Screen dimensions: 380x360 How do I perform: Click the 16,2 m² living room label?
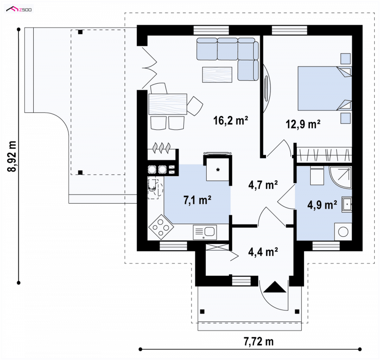point(230,121)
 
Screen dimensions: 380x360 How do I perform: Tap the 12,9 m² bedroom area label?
point(303,124)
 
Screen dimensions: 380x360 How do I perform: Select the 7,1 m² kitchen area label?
point(197,200)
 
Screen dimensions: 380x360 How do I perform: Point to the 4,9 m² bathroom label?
point(322,205)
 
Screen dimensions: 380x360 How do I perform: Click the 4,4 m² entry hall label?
point(263,252)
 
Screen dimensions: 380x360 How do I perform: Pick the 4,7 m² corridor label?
point(263,185)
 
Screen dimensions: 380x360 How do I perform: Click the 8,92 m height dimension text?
point(12,156)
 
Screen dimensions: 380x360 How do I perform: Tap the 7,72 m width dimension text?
point(258,341)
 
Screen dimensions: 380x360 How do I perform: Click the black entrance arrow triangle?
point(275,287)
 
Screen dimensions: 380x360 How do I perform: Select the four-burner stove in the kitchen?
point(161,227)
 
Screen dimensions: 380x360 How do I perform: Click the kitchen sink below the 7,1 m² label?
point(205,233)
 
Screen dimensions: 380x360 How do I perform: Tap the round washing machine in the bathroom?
point(343,232)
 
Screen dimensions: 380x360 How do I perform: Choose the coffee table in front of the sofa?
point(218,75)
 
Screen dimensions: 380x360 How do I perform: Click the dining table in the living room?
point(168,104)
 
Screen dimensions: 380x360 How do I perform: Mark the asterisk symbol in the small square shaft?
point(218,170)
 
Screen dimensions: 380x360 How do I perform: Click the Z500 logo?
point(19,10)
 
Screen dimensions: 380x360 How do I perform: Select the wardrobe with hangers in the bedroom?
point(324,155)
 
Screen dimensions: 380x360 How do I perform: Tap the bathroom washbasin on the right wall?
point(347,204)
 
